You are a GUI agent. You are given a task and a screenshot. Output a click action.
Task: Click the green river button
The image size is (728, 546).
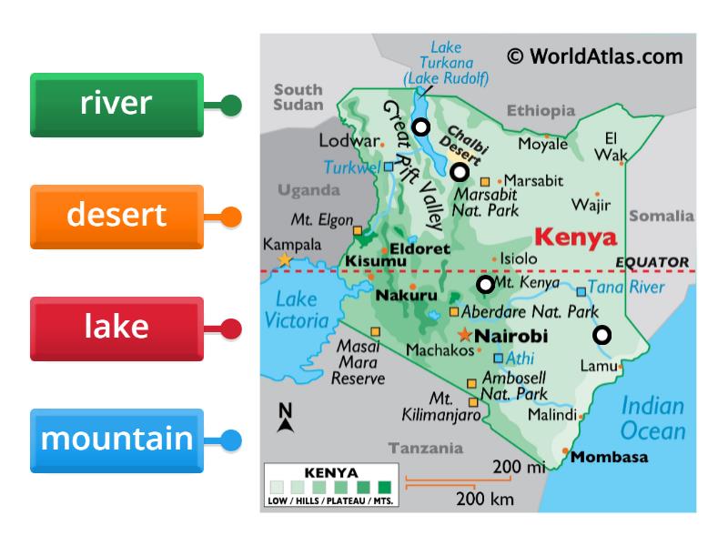[x=116, y=105]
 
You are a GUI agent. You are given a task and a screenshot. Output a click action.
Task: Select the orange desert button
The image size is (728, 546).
[x=116, y=217]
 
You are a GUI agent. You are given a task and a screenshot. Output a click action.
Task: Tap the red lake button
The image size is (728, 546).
[x=116, y=328]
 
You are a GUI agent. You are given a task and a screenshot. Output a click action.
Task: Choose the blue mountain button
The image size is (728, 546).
[x=116, y=440]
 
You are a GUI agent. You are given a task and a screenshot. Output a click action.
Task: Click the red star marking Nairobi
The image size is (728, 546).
[x=466, y=334]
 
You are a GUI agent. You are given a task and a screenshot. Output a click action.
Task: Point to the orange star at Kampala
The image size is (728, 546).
[x=285, y=260]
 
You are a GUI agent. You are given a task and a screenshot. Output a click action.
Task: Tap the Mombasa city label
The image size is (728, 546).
[x=609, y=457]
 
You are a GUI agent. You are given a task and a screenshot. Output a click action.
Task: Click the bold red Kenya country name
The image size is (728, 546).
[x=575, y=238]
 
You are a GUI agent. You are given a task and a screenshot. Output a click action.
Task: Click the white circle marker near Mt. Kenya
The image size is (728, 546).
[x=486, y=285]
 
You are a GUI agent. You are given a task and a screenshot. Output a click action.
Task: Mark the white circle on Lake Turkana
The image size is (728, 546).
[x=421, y=126]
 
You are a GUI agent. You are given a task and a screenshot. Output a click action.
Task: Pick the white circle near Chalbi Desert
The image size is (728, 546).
[x=460, y=171]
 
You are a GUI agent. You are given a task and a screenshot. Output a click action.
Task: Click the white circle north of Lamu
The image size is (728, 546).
[x=602, y=335]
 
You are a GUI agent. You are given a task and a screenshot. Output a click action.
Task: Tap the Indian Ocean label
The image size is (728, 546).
[x=652, y=418]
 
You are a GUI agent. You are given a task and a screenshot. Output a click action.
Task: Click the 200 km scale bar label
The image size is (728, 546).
[x=485, y=499]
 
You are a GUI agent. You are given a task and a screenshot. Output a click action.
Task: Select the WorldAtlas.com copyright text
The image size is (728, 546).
[x=594, y=56]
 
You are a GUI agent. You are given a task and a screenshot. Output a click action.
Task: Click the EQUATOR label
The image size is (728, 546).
[x=652, y=262]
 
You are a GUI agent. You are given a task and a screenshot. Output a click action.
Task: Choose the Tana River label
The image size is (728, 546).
[x=625, y=288]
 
